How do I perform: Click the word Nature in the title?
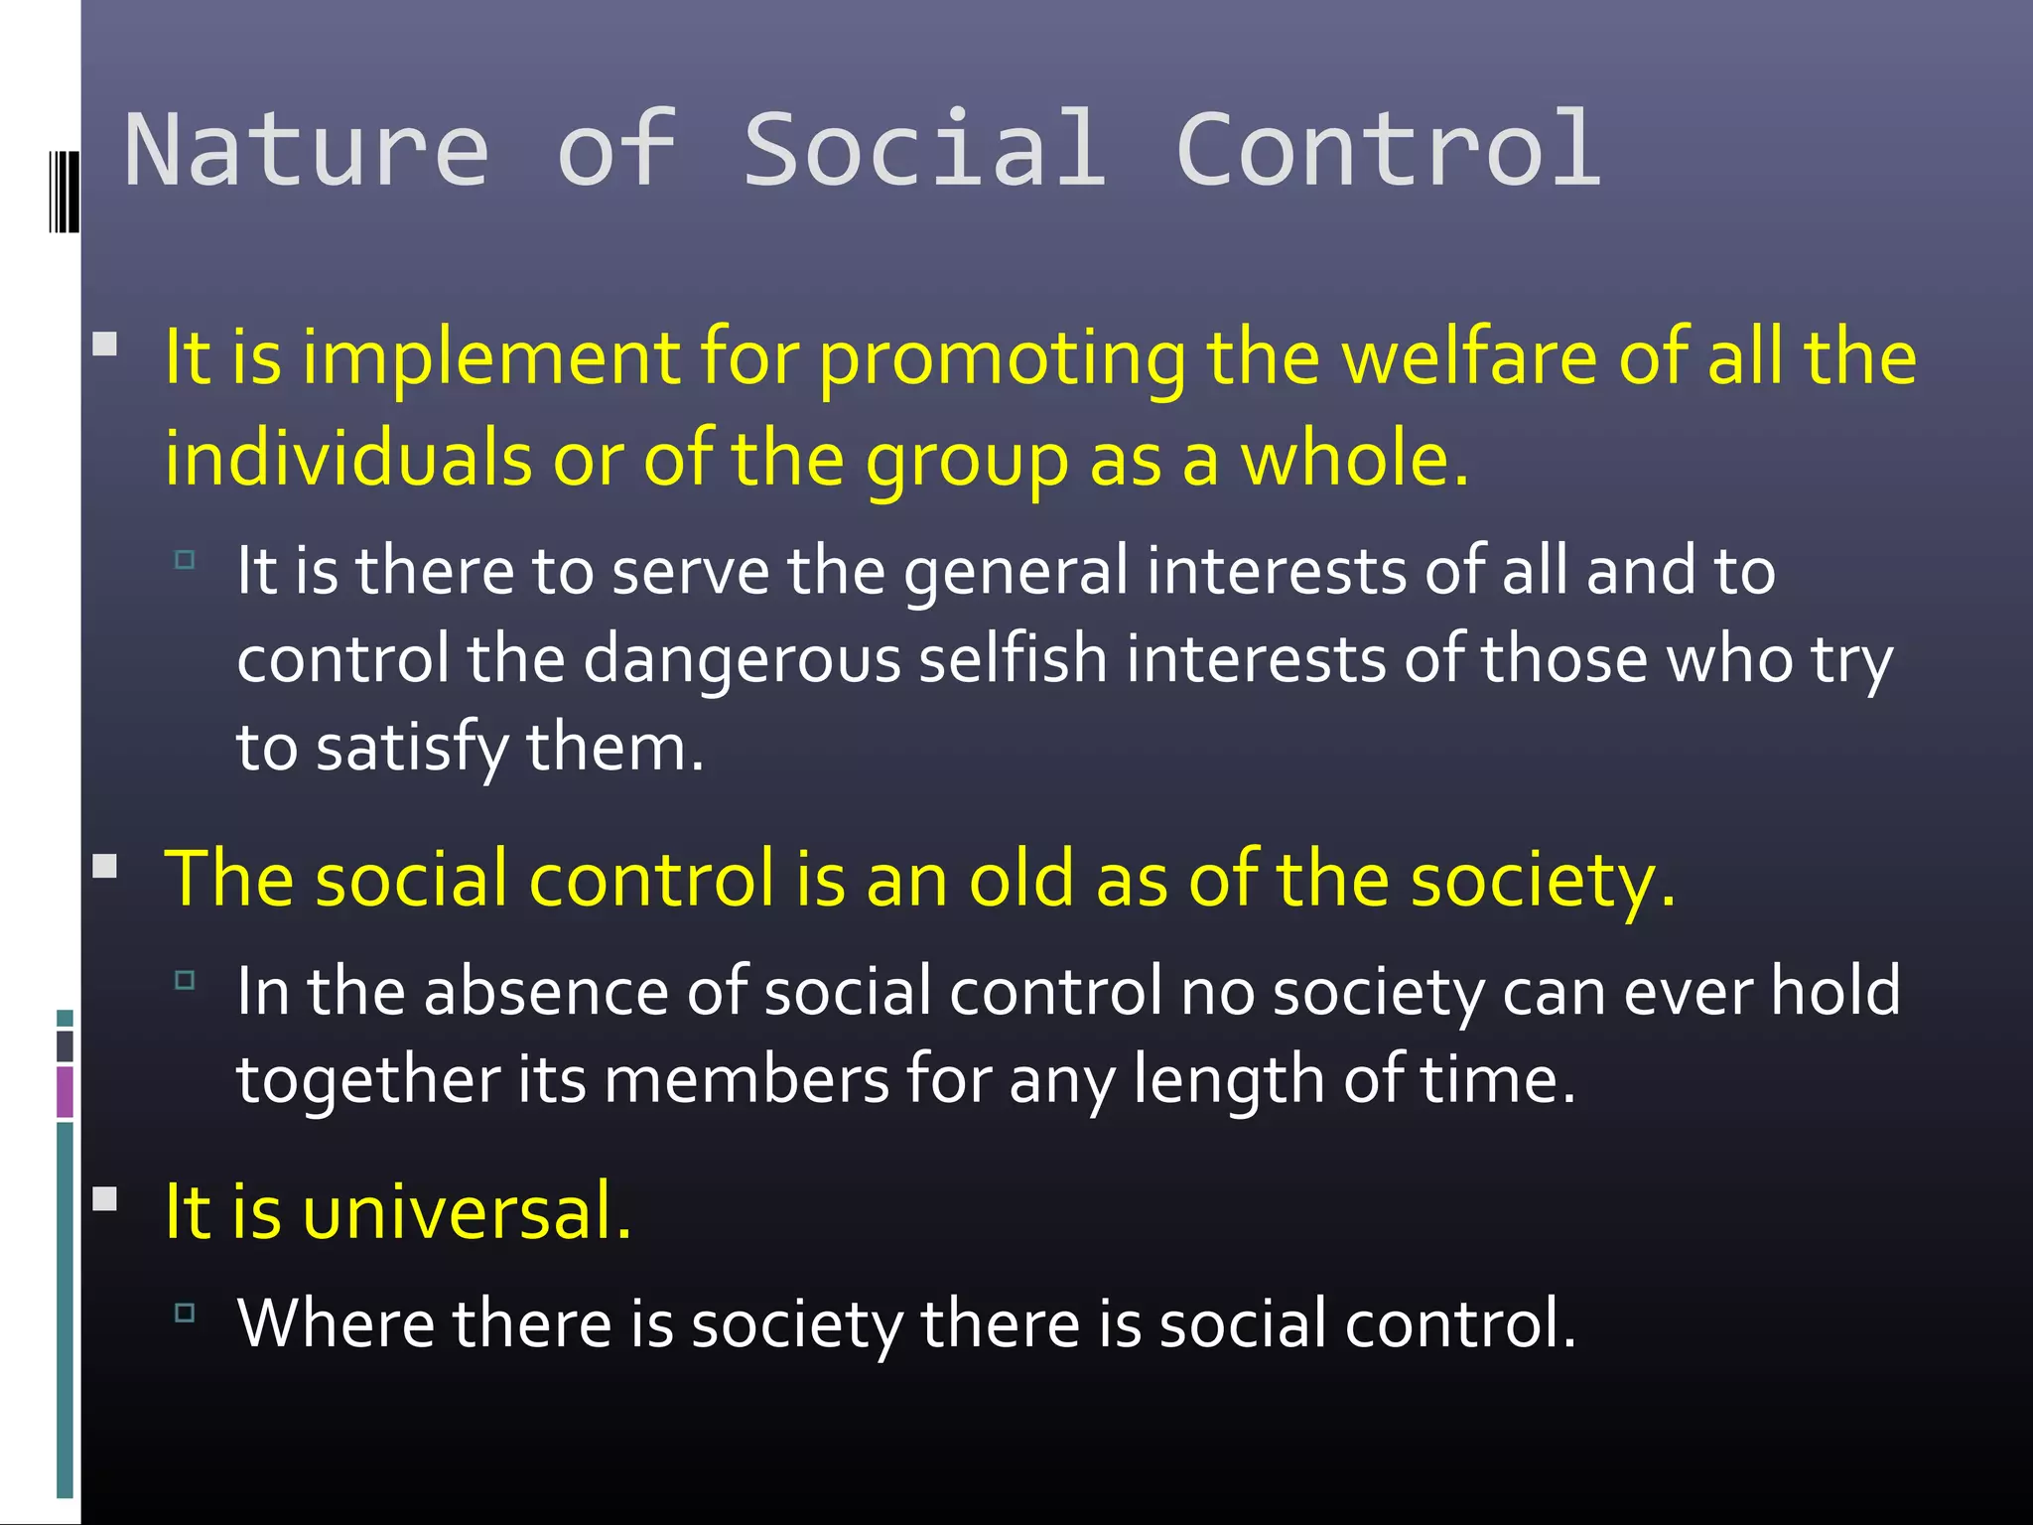306,151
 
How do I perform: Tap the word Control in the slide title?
1388,151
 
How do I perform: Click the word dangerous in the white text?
741,659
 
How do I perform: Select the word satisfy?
411,748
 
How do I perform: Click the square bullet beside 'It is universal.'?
104,1199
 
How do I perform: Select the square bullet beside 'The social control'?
104,867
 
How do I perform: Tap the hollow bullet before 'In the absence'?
185,981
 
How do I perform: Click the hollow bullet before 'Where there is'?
185,1313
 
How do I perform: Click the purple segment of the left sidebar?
65,1091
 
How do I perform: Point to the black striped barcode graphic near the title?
64,191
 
